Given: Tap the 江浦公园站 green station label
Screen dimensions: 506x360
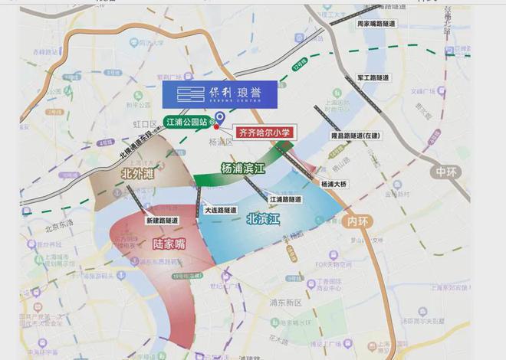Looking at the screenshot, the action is [188, 122].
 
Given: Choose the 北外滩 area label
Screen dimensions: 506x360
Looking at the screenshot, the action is [139, 174].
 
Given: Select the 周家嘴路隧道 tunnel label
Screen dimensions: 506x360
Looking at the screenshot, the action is [376, 24].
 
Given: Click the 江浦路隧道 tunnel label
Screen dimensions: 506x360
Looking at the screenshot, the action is [287, 198].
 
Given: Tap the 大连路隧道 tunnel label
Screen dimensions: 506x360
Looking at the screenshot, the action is [220, 209].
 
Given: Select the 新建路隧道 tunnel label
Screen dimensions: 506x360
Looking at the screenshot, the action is [162, 220].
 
